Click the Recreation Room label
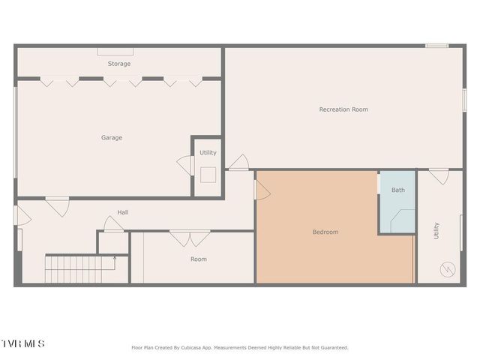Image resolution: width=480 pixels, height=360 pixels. tap(343, 109)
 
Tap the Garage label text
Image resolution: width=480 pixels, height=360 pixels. tap(112, 137)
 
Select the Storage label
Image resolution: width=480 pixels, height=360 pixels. tap(118, 64)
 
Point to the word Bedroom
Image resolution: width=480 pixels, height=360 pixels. tap(325, 232)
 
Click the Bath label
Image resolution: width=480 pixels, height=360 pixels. tap(397, 190)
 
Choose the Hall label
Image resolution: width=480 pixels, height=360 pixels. tap(122, 212)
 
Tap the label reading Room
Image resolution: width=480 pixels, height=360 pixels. tap(198, 259)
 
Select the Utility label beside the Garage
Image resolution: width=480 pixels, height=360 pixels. tap(208, 152)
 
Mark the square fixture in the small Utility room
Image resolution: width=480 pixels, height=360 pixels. tap(208, 174)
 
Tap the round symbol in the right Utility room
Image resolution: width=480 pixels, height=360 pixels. tap(448, 268)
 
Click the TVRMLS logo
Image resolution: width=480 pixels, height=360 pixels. tap(22, 343)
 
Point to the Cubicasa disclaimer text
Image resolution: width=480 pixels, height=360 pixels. tap(240, 347)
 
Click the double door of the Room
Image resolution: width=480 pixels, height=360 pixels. tap(189, 238)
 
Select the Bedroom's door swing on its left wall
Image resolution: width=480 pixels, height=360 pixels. tap(262, 190)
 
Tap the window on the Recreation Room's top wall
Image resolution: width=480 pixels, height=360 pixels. tap(436, 46)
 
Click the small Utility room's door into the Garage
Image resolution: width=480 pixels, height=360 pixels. tap(185, 165)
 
